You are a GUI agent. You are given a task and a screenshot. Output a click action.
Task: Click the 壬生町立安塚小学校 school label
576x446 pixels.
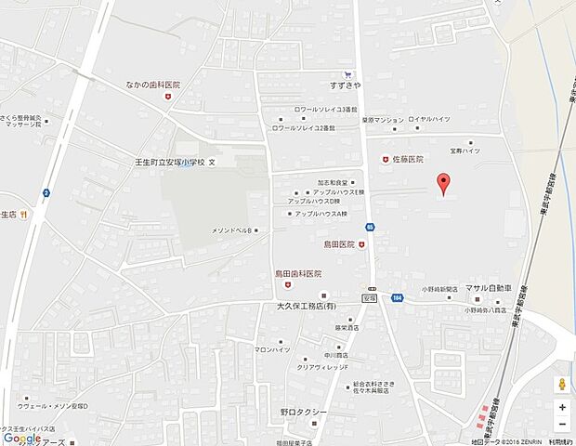point(169,162)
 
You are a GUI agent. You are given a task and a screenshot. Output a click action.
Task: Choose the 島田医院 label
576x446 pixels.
point(339,244)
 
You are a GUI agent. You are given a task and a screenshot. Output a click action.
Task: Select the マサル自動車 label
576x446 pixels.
point(489,289)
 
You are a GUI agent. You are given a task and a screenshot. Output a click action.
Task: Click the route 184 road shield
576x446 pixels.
point(398,298)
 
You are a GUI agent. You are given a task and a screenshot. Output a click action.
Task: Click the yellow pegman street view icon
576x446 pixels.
point(562,386)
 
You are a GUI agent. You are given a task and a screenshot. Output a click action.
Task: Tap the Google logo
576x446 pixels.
point(22,438)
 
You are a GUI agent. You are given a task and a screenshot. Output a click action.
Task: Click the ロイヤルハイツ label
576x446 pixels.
point(428,120)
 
